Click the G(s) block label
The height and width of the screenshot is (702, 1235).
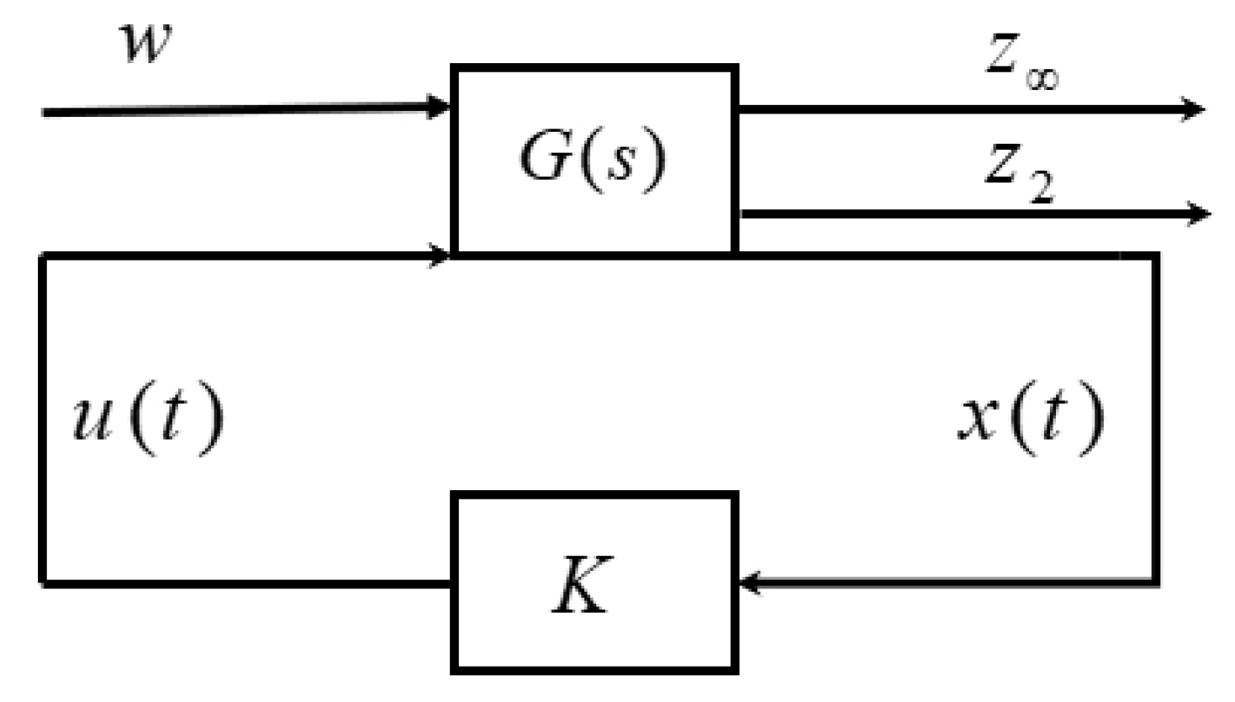594,158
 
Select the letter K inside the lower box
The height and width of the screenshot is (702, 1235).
582,585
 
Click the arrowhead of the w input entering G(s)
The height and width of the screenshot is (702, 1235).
440,108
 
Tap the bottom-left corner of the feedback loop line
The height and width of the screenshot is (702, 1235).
43,582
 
